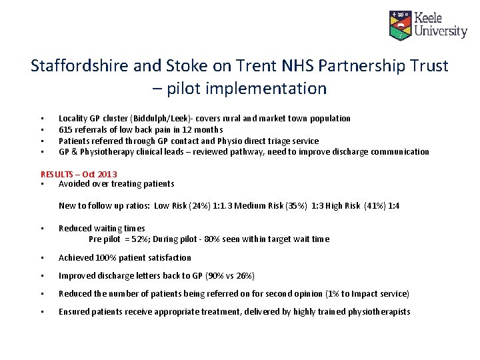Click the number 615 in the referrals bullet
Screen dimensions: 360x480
pyautogui.click(x=65, y=129)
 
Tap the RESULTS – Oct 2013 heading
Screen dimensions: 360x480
pyautogui.click(x=79, y=175)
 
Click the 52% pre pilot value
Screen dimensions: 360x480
pyautogui.click(x=139, y=239)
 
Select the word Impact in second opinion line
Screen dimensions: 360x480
pyautogui.click(x=365, y=294)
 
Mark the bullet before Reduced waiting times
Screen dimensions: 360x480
pyautogui.click(x=42, y=229)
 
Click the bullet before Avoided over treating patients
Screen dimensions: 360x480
pyautogui.click(x=42, y=184)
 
